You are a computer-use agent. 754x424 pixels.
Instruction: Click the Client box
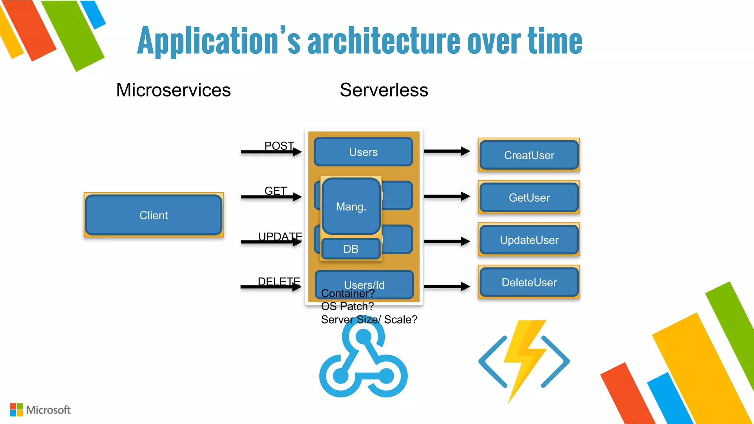[154, 215]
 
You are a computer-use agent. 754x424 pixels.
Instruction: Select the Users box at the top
[363, 152]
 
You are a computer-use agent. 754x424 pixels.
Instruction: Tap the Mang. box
[351, 206]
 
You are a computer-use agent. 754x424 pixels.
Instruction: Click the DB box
[350, 249]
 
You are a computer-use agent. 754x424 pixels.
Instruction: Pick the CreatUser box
[529, 155]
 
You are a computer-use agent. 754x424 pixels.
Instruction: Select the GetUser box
[529, 198]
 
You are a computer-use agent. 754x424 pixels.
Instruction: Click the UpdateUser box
[529, 240]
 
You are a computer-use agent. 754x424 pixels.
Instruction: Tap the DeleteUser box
[529, 282]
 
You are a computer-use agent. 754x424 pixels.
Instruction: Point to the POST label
[279, 146]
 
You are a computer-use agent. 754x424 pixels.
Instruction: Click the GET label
[275, 191]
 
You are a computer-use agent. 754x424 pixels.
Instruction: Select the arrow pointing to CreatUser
[447, 151]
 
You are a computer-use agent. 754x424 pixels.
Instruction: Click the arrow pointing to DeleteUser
[447, 286]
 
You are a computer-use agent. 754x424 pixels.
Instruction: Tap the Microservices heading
[173, 90]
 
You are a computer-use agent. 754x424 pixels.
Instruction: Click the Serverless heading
[384, 90]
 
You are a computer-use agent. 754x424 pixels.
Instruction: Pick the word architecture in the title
[384, 41]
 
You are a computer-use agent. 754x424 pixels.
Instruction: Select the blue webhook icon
[363, 363]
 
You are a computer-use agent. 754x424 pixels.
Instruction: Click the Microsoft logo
[40, 410]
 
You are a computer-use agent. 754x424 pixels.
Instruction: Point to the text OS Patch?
[347, 306]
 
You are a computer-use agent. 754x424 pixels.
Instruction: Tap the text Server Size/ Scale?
[369, 319]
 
